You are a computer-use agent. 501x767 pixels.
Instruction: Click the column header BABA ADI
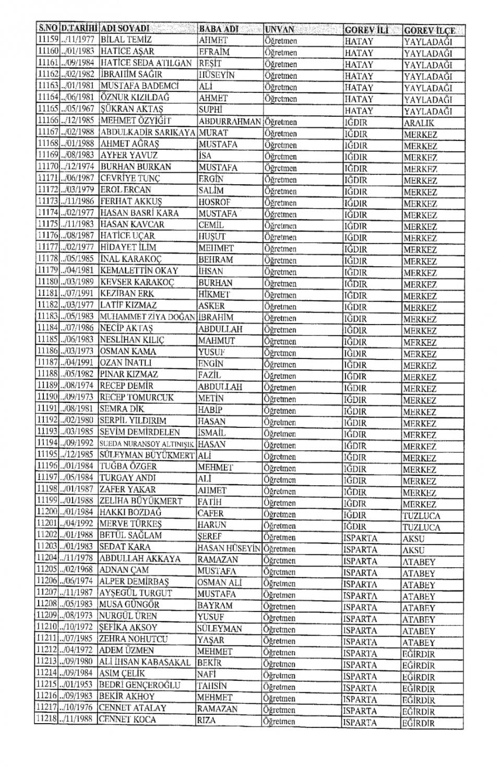click(x=218, y=28)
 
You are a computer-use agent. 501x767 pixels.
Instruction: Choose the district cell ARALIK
click(x=419, y=123)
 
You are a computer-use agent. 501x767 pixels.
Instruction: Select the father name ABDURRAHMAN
click(x=230, y=121)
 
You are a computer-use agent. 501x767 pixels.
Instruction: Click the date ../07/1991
click(x=78, y=294)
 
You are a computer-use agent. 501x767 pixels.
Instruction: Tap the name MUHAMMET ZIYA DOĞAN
click(x=147, y=317)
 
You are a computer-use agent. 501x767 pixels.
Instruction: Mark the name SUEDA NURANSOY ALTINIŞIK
click(x=147, y=444)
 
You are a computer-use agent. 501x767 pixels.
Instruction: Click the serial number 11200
click(x=47, y=512)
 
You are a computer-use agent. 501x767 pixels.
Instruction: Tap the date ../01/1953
click(x=77, y=685)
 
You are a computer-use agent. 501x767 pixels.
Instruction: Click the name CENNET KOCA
click(x=125, y=720)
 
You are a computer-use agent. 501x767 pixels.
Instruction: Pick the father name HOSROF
click(x=214, y=202)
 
